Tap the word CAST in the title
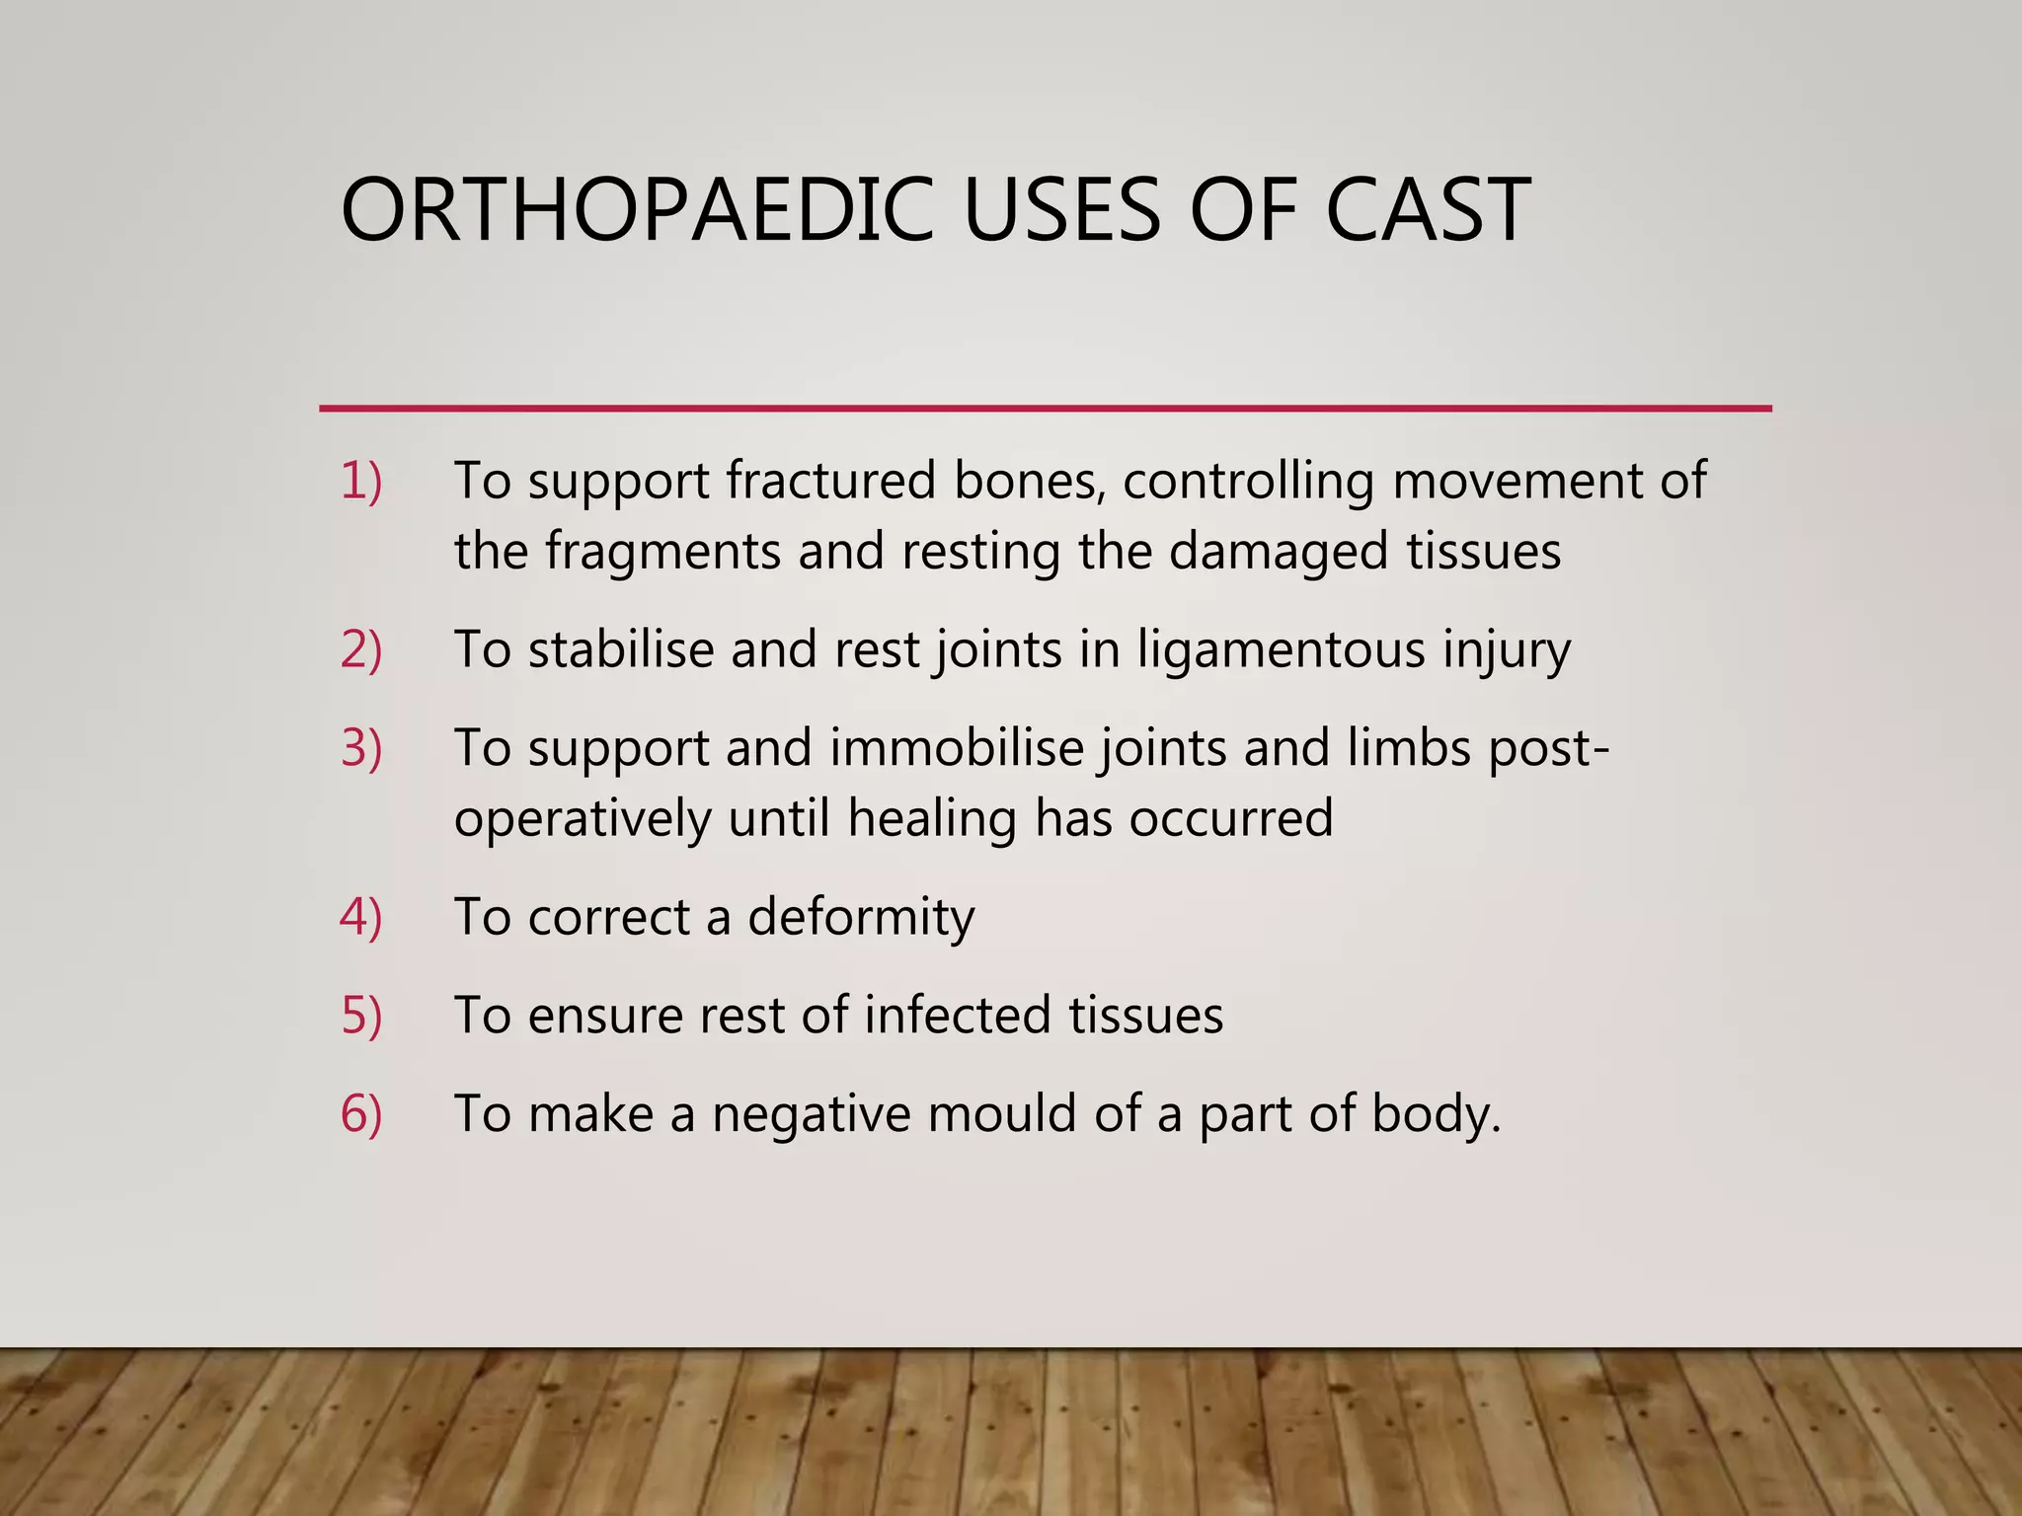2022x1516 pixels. click(x=1427, y=210)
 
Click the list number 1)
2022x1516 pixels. click(x=360, y=482)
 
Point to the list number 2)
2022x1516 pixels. click(x=360, y=650)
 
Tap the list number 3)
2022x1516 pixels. click(x=360, y=748)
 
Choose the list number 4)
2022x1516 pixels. click(x=360, y=917)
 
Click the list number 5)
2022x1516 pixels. click(x=360, y=1016)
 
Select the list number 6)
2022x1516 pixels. click(x=360, y=1114)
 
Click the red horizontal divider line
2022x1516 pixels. click(x=1045, y=408)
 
